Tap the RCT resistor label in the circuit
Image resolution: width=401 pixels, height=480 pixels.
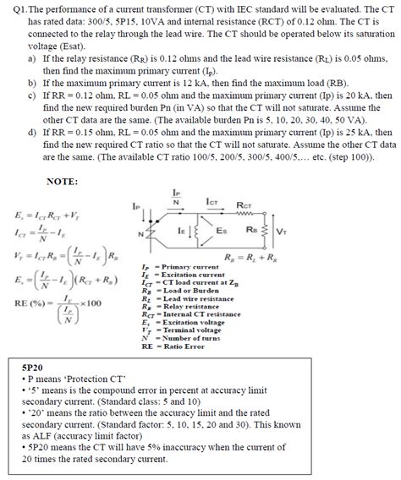click(x=244, y=205)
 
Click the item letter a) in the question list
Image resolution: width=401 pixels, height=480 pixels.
click(x=31, y=60)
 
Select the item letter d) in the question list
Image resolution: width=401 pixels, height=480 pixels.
click(x=31, y=133)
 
